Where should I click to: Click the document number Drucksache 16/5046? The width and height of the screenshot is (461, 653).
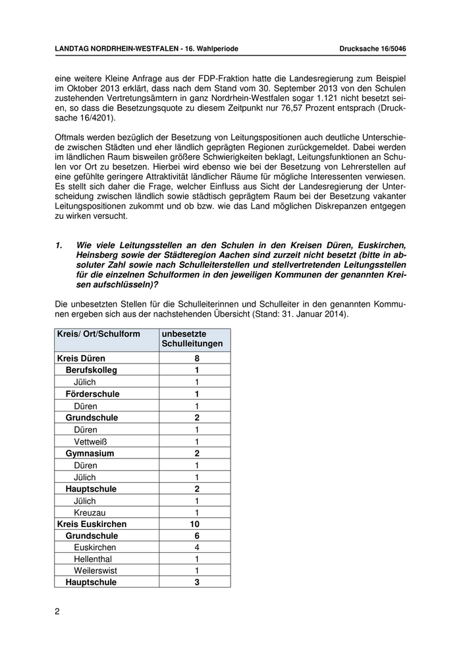(x=372, y=49)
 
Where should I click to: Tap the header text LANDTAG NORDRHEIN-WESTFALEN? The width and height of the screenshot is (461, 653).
(x=115, y=49)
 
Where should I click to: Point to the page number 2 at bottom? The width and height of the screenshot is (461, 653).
(x=57, y=611)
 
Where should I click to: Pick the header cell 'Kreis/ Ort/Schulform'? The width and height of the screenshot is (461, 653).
(x=99, y=334)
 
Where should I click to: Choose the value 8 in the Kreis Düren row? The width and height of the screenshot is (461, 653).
(x=196, y=358)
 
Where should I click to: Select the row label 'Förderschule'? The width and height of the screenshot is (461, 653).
(x=92, y=394)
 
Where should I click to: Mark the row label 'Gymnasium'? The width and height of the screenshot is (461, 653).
(x=90, y=453)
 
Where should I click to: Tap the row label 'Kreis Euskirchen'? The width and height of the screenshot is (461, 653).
(x=92, y=524)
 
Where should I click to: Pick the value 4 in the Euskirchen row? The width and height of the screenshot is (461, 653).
(x=196, y=548)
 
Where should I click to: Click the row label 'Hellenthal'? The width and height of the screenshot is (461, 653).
(x=94, y=560)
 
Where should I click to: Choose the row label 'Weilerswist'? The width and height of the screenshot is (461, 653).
(x=96, y=572)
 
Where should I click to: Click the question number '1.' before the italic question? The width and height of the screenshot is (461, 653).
(x=59, y=245)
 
